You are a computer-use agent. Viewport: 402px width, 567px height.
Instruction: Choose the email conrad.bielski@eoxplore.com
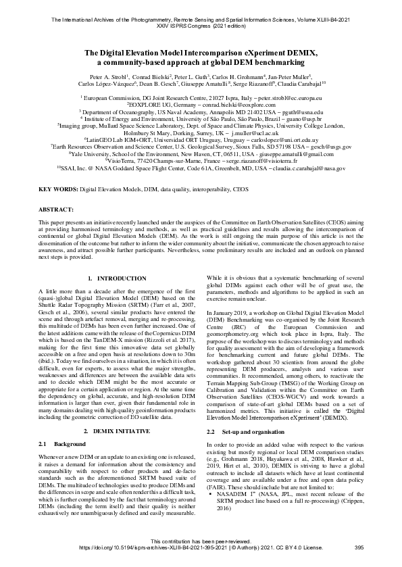click(x=241, y=105)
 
